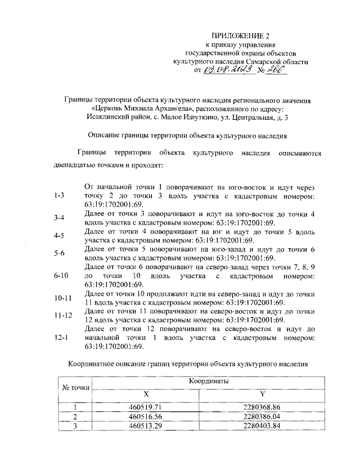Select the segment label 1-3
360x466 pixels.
(57, 195)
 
